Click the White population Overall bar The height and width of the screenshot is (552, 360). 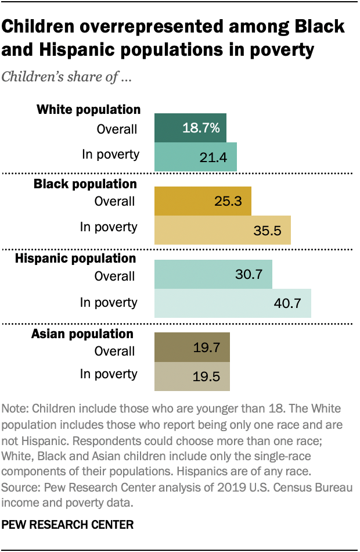190,128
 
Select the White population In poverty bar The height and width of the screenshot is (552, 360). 195,157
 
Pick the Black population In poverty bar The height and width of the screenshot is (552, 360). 222,230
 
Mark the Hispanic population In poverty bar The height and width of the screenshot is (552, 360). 232,303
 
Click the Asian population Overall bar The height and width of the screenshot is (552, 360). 192,347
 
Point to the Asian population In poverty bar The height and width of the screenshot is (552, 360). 192,377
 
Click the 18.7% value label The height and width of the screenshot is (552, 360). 201,128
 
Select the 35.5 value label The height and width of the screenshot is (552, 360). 268,231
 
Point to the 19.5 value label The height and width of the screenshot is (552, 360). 207,377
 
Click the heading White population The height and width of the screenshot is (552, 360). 88,109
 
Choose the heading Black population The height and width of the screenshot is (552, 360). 85,184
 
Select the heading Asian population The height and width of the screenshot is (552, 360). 82,334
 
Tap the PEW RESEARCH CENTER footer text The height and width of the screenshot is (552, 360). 68,525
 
